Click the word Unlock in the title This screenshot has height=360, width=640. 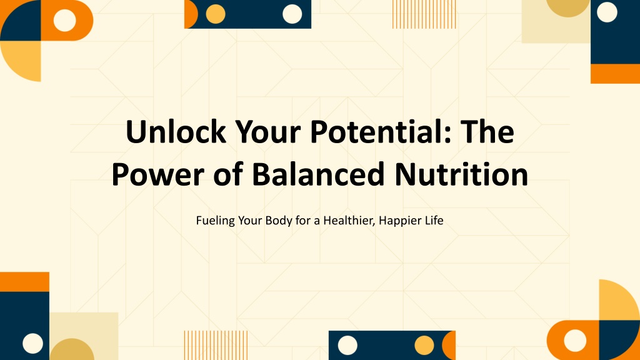point(176,131)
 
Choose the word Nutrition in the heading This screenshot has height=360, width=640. point(461,174)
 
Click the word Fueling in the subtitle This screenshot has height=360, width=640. point(216,221)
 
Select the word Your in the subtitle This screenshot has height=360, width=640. point(250,221)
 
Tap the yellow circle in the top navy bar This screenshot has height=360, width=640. point(216,14)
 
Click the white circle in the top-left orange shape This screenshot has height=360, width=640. point(65,20)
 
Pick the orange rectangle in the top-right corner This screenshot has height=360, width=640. point(615,74)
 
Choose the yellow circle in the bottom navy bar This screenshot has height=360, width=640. point(424,346)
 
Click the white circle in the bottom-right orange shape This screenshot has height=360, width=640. point(575,341)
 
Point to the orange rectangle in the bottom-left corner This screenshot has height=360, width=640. point(24,282)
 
